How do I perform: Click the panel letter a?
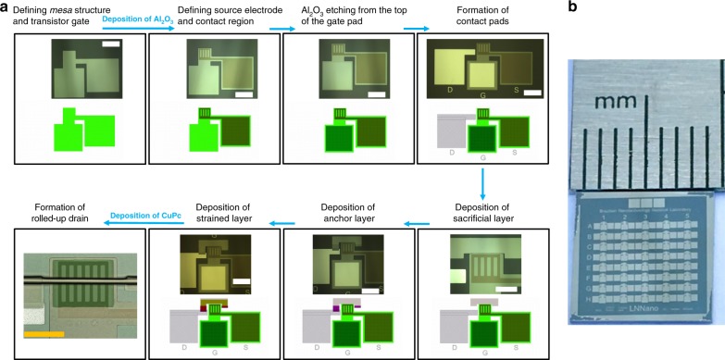point(6,9)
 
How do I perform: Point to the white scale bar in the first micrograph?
point(109,44)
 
